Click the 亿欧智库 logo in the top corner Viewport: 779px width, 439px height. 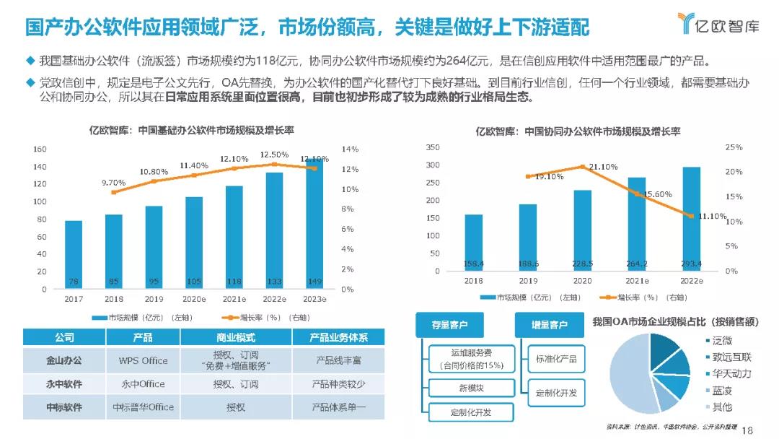tap(720, 25)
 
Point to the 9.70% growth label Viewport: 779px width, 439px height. tap(113, 183)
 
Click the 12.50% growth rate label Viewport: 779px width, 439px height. tap(274, 155)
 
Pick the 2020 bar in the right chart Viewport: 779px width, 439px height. tap(582, 231)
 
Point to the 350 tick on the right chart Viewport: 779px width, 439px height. tap(432, 147)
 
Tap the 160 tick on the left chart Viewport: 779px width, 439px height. tap(40, 149)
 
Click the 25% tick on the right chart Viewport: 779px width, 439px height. tap(733, 147)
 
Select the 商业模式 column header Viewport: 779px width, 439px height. tap(236, 337)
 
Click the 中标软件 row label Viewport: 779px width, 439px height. tap(63, 407)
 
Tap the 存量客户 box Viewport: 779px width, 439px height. tap(450, 326)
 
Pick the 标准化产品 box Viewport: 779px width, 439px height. tap(556, 359)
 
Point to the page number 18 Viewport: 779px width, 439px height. tap(747, 430)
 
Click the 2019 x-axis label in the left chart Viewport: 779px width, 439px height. tap(154, 299)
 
